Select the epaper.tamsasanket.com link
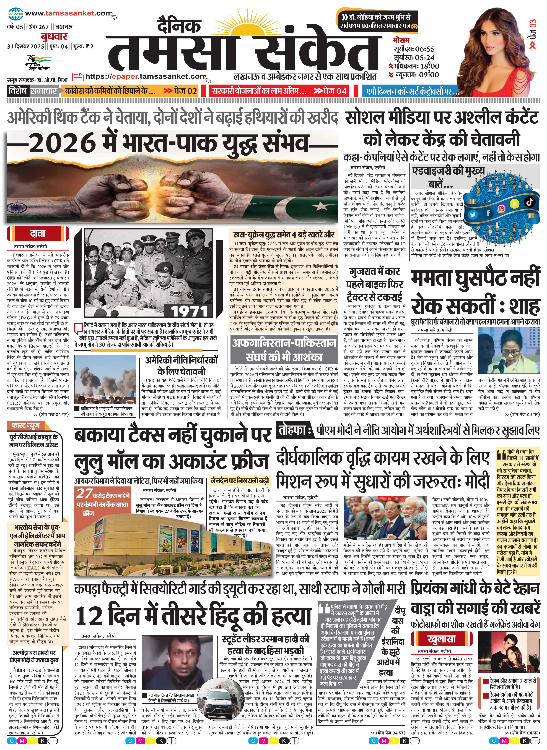(x=146, y=76)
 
